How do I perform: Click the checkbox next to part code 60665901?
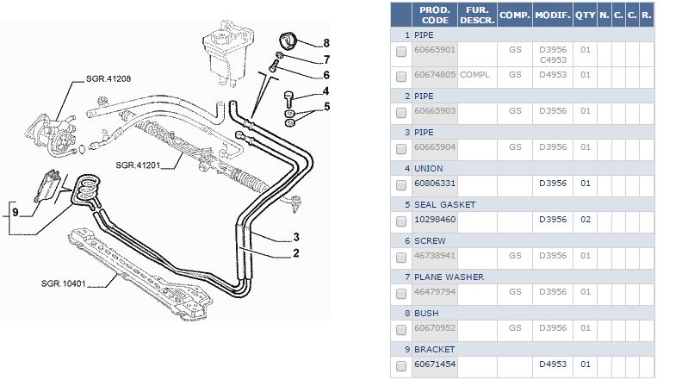(x=401, y=53)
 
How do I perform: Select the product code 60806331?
(x=435, y=184)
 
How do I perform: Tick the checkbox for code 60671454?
(x=401, y=365)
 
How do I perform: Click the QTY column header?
(x=585, y=16)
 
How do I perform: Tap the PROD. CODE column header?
(x=435, y=16)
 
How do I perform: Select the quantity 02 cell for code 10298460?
(x=585, y=220)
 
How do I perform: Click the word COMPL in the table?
(x=474, y=75)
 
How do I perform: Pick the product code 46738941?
(x=435, y=256)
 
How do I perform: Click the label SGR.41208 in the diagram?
(x=109, y=78)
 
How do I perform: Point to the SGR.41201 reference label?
(x=139, y=164)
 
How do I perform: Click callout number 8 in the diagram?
(x=326, y=43)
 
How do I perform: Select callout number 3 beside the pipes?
(x=295, y=237)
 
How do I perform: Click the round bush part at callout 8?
(x=289, y=40)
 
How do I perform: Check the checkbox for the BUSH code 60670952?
(x=401, y=329)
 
